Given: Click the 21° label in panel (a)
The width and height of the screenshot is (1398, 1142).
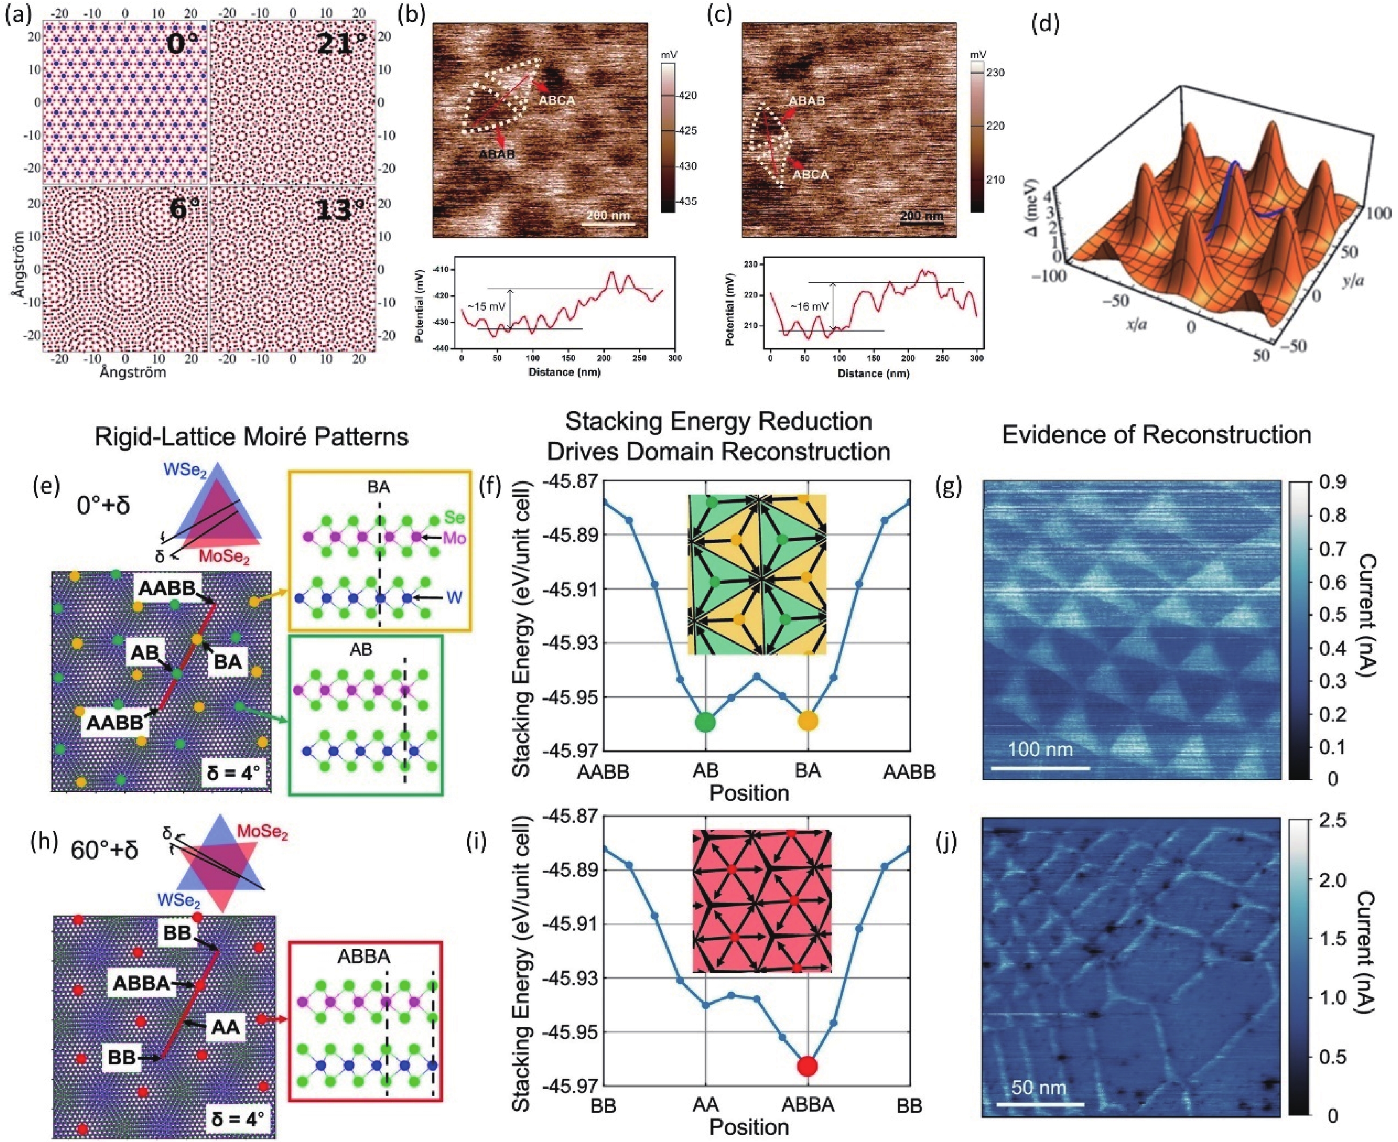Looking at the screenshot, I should tap(341, 44).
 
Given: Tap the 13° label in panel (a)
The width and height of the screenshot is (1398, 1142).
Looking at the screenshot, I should tap(340, 210).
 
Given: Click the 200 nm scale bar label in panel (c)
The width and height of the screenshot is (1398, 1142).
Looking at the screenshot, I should tap(921, 216).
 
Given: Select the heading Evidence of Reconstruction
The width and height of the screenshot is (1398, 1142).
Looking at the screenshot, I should tap(1156, 435).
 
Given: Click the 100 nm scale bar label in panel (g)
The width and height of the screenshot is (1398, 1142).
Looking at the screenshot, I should tap(1040, 749).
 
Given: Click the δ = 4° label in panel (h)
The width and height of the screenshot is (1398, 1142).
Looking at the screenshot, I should tap(237, 1117).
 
